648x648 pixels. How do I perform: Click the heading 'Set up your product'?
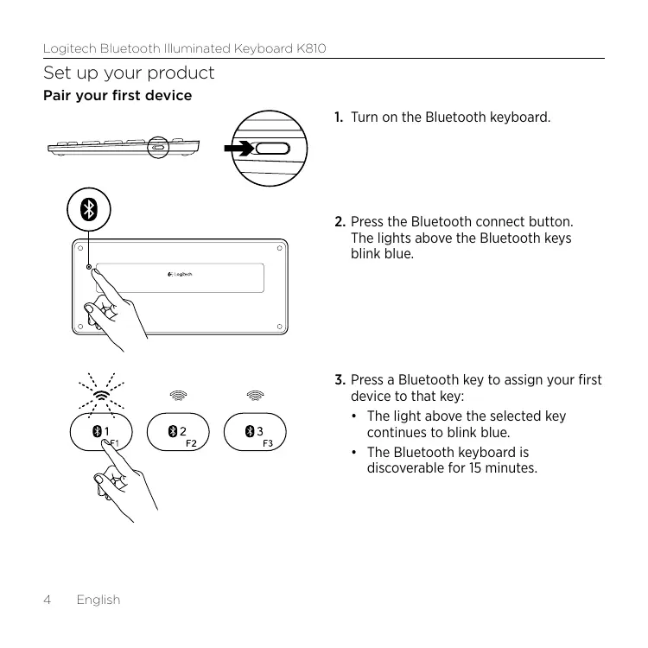coord(129,73)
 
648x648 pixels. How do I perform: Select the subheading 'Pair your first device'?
coord(118,95)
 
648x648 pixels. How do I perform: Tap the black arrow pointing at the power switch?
coord(238,149)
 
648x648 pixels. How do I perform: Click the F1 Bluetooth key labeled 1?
coord(102,433)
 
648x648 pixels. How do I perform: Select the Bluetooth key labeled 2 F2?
coord(178,433)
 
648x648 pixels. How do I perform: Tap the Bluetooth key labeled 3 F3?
coord(254,433)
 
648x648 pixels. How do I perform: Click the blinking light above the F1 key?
coord(102,395)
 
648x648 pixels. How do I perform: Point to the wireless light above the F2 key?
coord(178,395)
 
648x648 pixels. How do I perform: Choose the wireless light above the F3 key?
coord(254,395)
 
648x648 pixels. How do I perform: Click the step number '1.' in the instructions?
coord(340,117)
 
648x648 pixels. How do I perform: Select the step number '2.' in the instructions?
coord(340,222)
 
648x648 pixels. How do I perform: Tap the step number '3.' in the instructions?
coord(340,380)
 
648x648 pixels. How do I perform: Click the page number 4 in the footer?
coord(48,599)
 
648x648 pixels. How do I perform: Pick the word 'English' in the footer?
coord(98,599)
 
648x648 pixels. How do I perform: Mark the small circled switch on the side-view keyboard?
coord(157,147)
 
